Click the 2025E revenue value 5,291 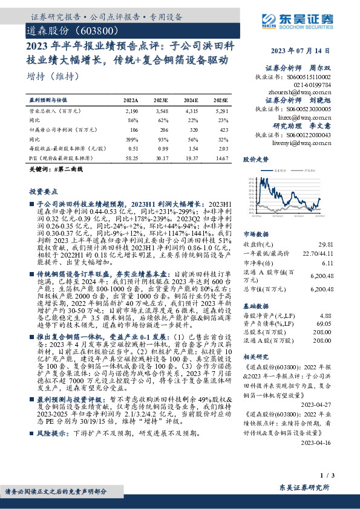221,111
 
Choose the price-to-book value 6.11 327,264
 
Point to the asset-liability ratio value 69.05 324,325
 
